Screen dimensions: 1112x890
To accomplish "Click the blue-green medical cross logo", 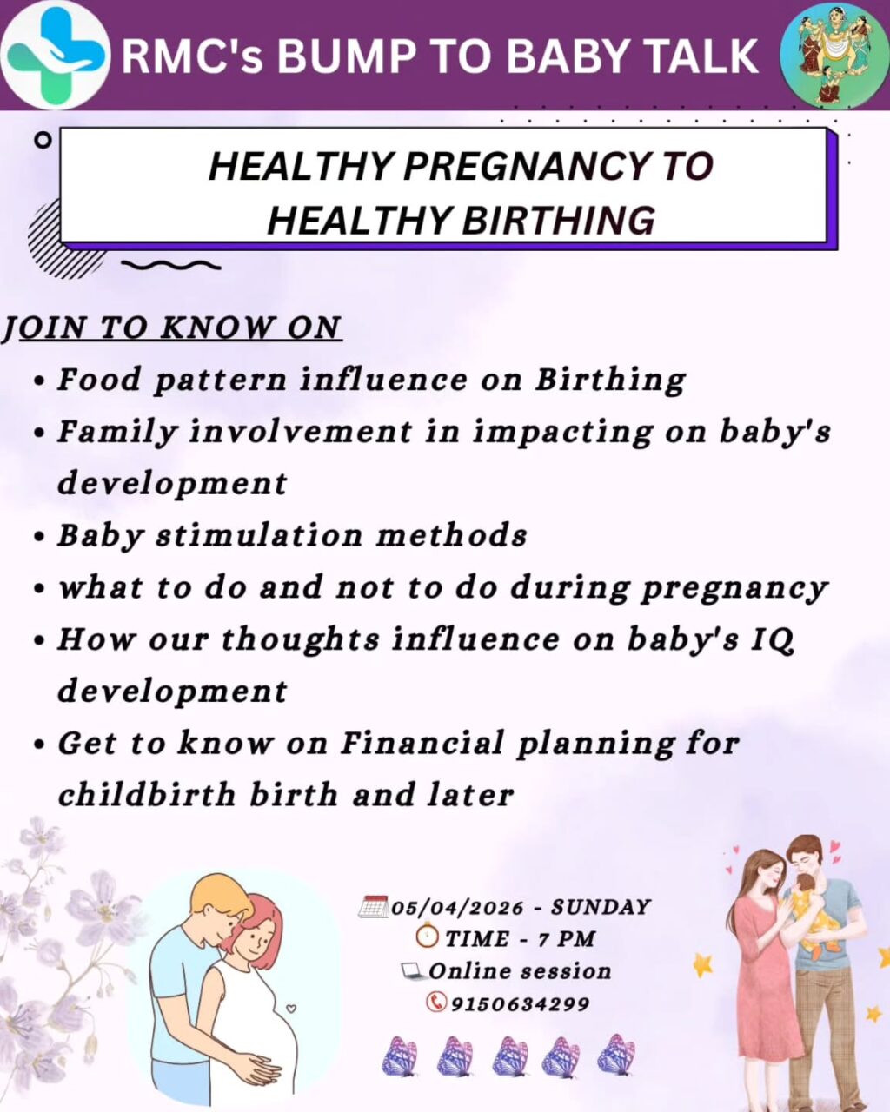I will pyautogui.click(x=54, y=56).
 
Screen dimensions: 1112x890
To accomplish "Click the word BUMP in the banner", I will pyautogui.click(x=342, y=56).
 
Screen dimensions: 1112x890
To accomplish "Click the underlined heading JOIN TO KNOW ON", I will pyautogui.click(x=171, y=328).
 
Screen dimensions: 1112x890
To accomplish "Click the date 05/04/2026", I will pyautogui.click(x=457, y=908).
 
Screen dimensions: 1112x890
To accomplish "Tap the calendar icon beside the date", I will pyautogui.click(x=373, y=907).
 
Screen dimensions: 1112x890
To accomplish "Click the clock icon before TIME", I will pyautogui.click(x=427, y=937).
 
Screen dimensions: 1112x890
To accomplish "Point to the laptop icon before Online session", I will pyautogui.click(x=412, y=970).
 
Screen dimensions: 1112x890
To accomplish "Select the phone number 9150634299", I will pyautogui.click(x=520, y=1004).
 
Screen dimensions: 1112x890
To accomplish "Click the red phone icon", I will pyautogui.click(x=435, y=1003).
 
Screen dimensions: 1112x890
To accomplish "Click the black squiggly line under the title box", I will pyautogui.click(x=170, y=265).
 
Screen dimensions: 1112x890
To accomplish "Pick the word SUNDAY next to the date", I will pyautogui.click(x=601, y=908).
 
